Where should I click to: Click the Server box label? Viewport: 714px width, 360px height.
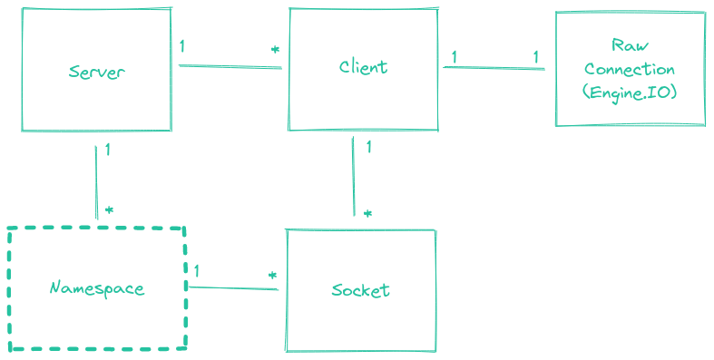96,73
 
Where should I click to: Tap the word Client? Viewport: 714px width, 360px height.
363,67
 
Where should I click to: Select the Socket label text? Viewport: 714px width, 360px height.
360,290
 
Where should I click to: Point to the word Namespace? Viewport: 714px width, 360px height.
96,288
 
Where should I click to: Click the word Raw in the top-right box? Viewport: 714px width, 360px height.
630,46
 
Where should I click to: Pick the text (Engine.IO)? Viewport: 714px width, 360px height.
630,92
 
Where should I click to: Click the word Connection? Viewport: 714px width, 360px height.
630,70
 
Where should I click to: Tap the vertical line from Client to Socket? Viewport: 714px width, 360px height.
352,177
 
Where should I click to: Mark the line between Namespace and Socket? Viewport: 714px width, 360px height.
232,288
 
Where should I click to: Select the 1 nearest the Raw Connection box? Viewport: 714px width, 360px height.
535,57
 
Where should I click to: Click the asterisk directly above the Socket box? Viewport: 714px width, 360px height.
367,215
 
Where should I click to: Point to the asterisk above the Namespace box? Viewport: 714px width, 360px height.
109,210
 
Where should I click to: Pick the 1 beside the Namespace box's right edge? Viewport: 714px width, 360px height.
197,271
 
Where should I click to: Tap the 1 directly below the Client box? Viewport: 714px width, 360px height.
367,147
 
